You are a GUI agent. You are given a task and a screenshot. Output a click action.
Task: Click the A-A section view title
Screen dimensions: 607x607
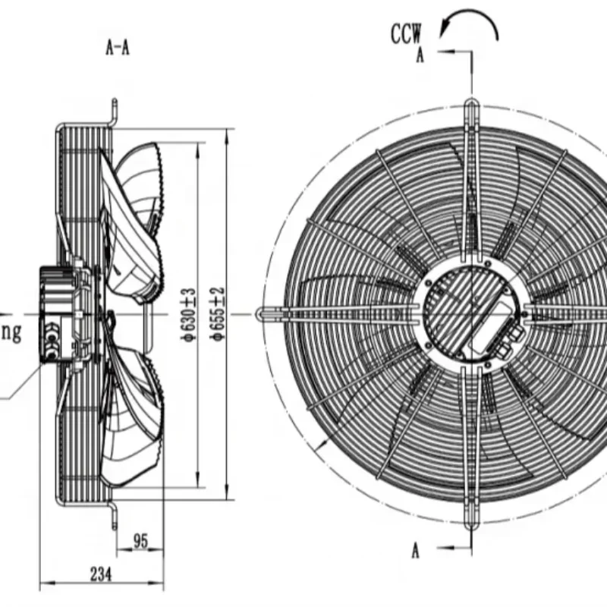tap(117, 49)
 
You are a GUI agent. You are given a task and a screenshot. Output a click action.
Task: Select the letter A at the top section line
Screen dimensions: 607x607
tap(420, 57)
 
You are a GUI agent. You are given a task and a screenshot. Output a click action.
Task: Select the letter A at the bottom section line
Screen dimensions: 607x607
tap(415, 552)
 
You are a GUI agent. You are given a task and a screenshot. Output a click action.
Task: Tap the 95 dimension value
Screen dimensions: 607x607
tap(140, 541)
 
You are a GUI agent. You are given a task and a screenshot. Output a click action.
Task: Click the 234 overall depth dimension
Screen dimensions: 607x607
tap(99, 574)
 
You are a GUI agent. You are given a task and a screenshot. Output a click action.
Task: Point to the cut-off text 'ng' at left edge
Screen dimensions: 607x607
tap(11, 332)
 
